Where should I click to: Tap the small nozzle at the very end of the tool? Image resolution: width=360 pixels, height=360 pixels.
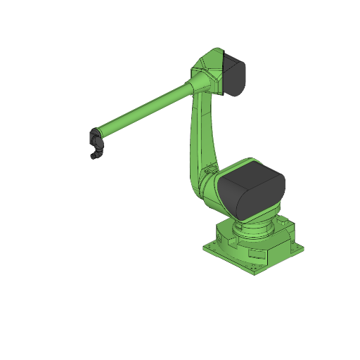pos(93,157)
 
